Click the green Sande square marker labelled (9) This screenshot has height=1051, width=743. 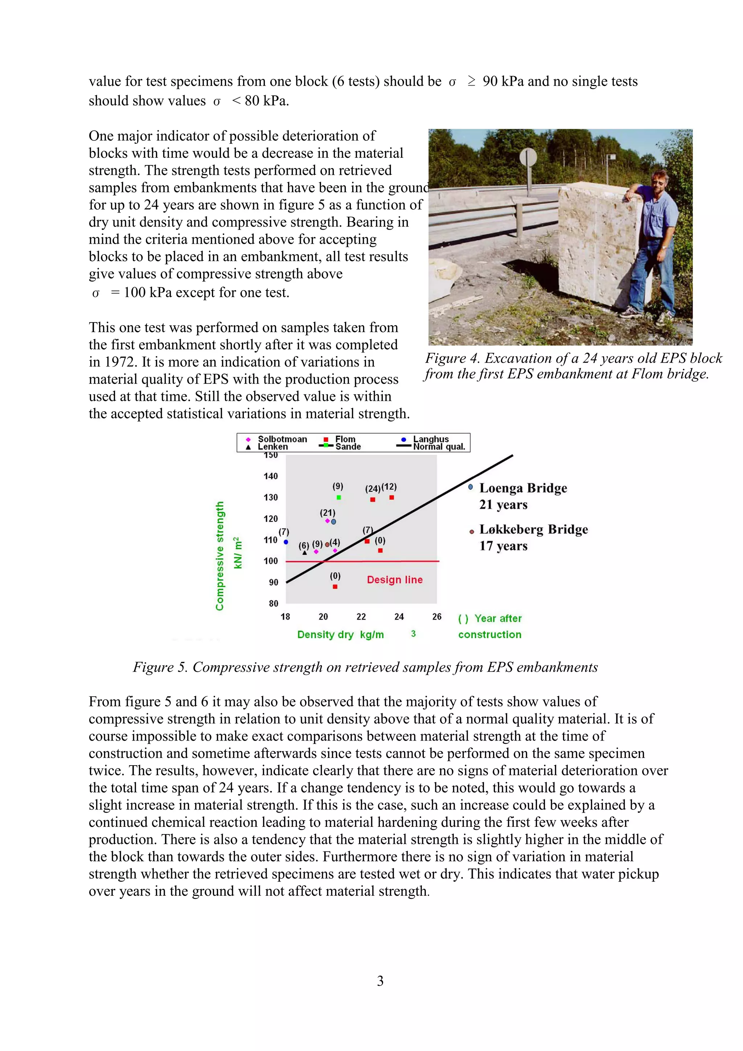(338, 497)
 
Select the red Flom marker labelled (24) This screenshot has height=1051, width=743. (373, 499)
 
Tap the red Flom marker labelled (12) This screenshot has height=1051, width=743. (391, 497)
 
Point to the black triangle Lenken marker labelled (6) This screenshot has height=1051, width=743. (305, 552)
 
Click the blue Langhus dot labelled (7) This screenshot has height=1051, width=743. (286, 542)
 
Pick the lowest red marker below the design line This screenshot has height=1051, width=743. (335, 586)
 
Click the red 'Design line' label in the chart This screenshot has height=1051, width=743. (395, 580)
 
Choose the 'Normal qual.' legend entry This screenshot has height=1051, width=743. (439, 447)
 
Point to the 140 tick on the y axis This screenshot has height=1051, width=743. (271, 476)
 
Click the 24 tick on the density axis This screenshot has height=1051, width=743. (399, 617)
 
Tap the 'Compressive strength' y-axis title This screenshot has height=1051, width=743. (220, 556)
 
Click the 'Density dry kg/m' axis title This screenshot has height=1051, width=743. (341, 634)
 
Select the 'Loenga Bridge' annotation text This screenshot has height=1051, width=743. (523, 488)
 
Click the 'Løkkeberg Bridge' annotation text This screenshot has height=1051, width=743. (533, 529)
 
